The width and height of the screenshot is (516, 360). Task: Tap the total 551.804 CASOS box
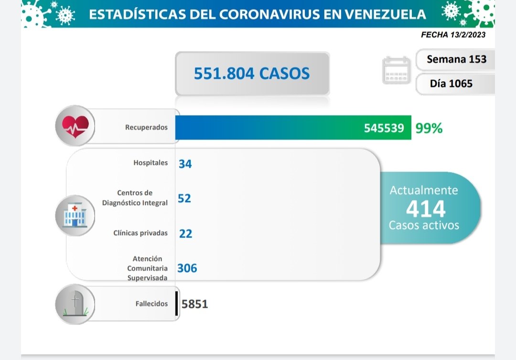[x=252, y=73]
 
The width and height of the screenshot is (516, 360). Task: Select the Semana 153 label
[x=456, y=59]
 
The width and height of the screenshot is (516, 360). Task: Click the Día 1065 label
[x=451, y=84]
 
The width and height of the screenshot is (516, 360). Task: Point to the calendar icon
[x=397, y=70]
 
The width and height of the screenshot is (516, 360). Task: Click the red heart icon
[x=75, y=126]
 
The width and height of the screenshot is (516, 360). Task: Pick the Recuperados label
[x=146, y=128]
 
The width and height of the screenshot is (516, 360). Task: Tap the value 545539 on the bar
[x=384, y=128]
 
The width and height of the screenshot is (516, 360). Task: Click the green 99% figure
[x=429, y=128]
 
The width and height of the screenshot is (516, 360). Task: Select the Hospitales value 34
[x=185, y=164]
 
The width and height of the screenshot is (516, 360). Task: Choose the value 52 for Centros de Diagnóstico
[x=184, y=198]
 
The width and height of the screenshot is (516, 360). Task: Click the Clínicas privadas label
[x=140, y=233]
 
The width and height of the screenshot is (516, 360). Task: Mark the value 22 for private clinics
[x=185, y=233]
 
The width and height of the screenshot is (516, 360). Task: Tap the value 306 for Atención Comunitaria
[x=187, y=268]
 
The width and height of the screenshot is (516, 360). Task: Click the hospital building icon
[x=75, y=216]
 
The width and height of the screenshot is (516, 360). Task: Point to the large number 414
[x=425, y=208]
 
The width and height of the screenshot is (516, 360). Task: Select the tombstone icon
[x=75, y=304]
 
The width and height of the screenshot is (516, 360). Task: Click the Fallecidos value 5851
[x=195, y=304]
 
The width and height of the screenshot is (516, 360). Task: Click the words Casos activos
[x=424, y=225]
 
